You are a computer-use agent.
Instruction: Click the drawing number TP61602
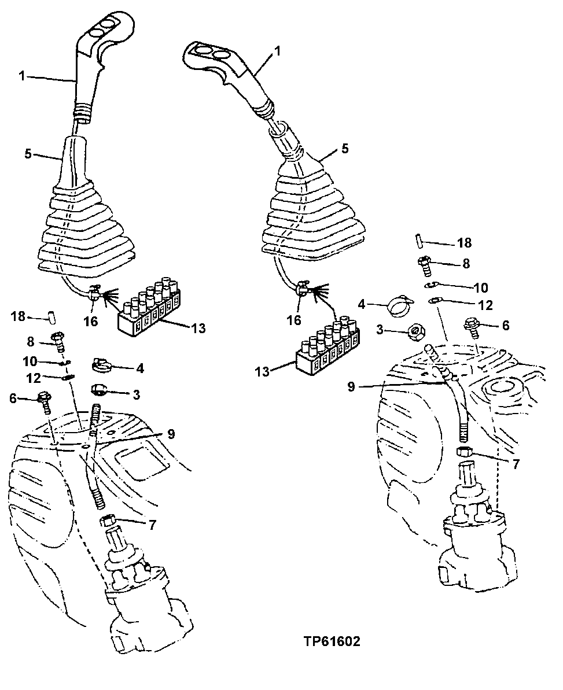pos(331,641)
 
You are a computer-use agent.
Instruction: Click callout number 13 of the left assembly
pos(198,328)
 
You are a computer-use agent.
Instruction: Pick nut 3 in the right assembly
pos(414,333)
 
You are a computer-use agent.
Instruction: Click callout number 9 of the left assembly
pos(171,433)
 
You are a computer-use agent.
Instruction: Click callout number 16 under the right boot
pos(295,320)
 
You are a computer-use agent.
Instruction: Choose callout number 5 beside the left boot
pos(28,155)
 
